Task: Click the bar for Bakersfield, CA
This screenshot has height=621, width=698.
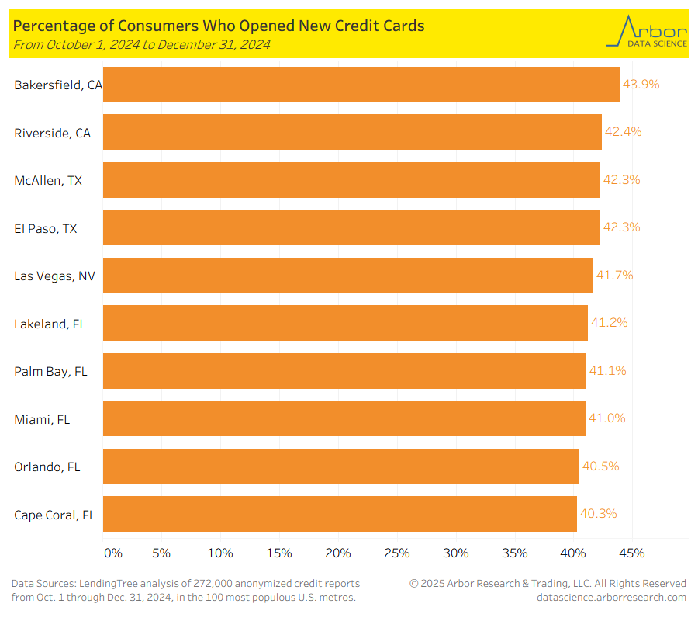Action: point(361,85)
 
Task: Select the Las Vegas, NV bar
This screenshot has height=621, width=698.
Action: point(347,276)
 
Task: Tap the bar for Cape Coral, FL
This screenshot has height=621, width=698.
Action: point(340,514)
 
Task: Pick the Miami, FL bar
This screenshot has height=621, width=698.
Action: point(344,418)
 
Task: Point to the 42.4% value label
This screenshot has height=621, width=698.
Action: point(624,132)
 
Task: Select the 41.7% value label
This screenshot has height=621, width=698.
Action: point(615,276)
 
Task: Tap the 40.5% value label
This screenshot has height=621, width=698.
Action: point(601,467)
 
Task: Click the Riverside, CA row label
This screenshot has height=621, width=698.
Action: point(52,133)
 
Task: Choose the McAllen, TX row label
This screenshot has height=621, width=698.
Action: point(48,180)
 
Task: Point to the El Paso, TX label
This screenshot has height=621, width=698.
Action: point(46,228)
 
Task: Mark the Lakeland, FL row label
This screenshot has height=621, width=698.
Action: point(50,324)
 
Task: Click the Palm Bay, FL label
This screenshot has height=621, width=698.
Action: point(50,371)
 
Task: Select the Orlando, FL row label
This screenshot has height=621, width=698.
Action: point(47,467)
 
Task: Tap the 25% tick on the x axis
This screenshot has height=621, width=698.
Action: point(397,553)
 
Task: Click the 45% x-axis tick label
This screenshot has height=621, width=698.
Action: point(632,553)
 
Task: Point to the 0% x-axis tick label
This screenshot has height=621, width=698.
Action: point(113,553)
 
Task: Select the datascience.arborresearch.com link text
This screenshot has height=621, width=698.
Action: point(611,597)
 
